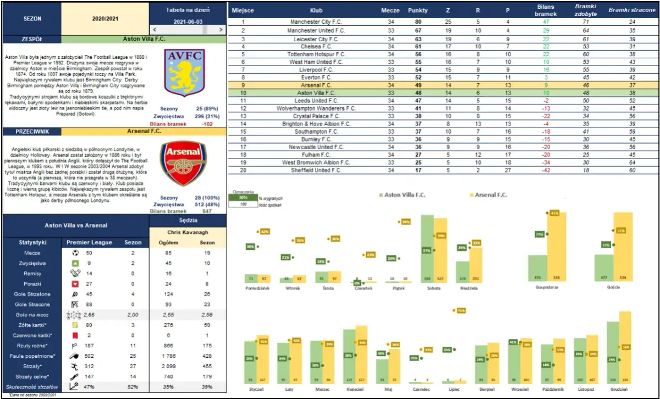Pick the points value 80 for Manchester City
point(418,22)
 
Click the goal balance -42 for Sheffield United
point(546,171)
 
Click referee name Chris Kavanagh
point(187,232)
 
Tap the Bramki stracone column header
point(631,10)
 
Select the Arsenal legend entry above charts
point(490,195)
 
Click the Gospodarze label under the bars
point(547,288)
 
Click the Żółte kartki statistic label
point(31,325)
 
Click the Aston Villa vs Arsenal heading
point(75,225)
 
